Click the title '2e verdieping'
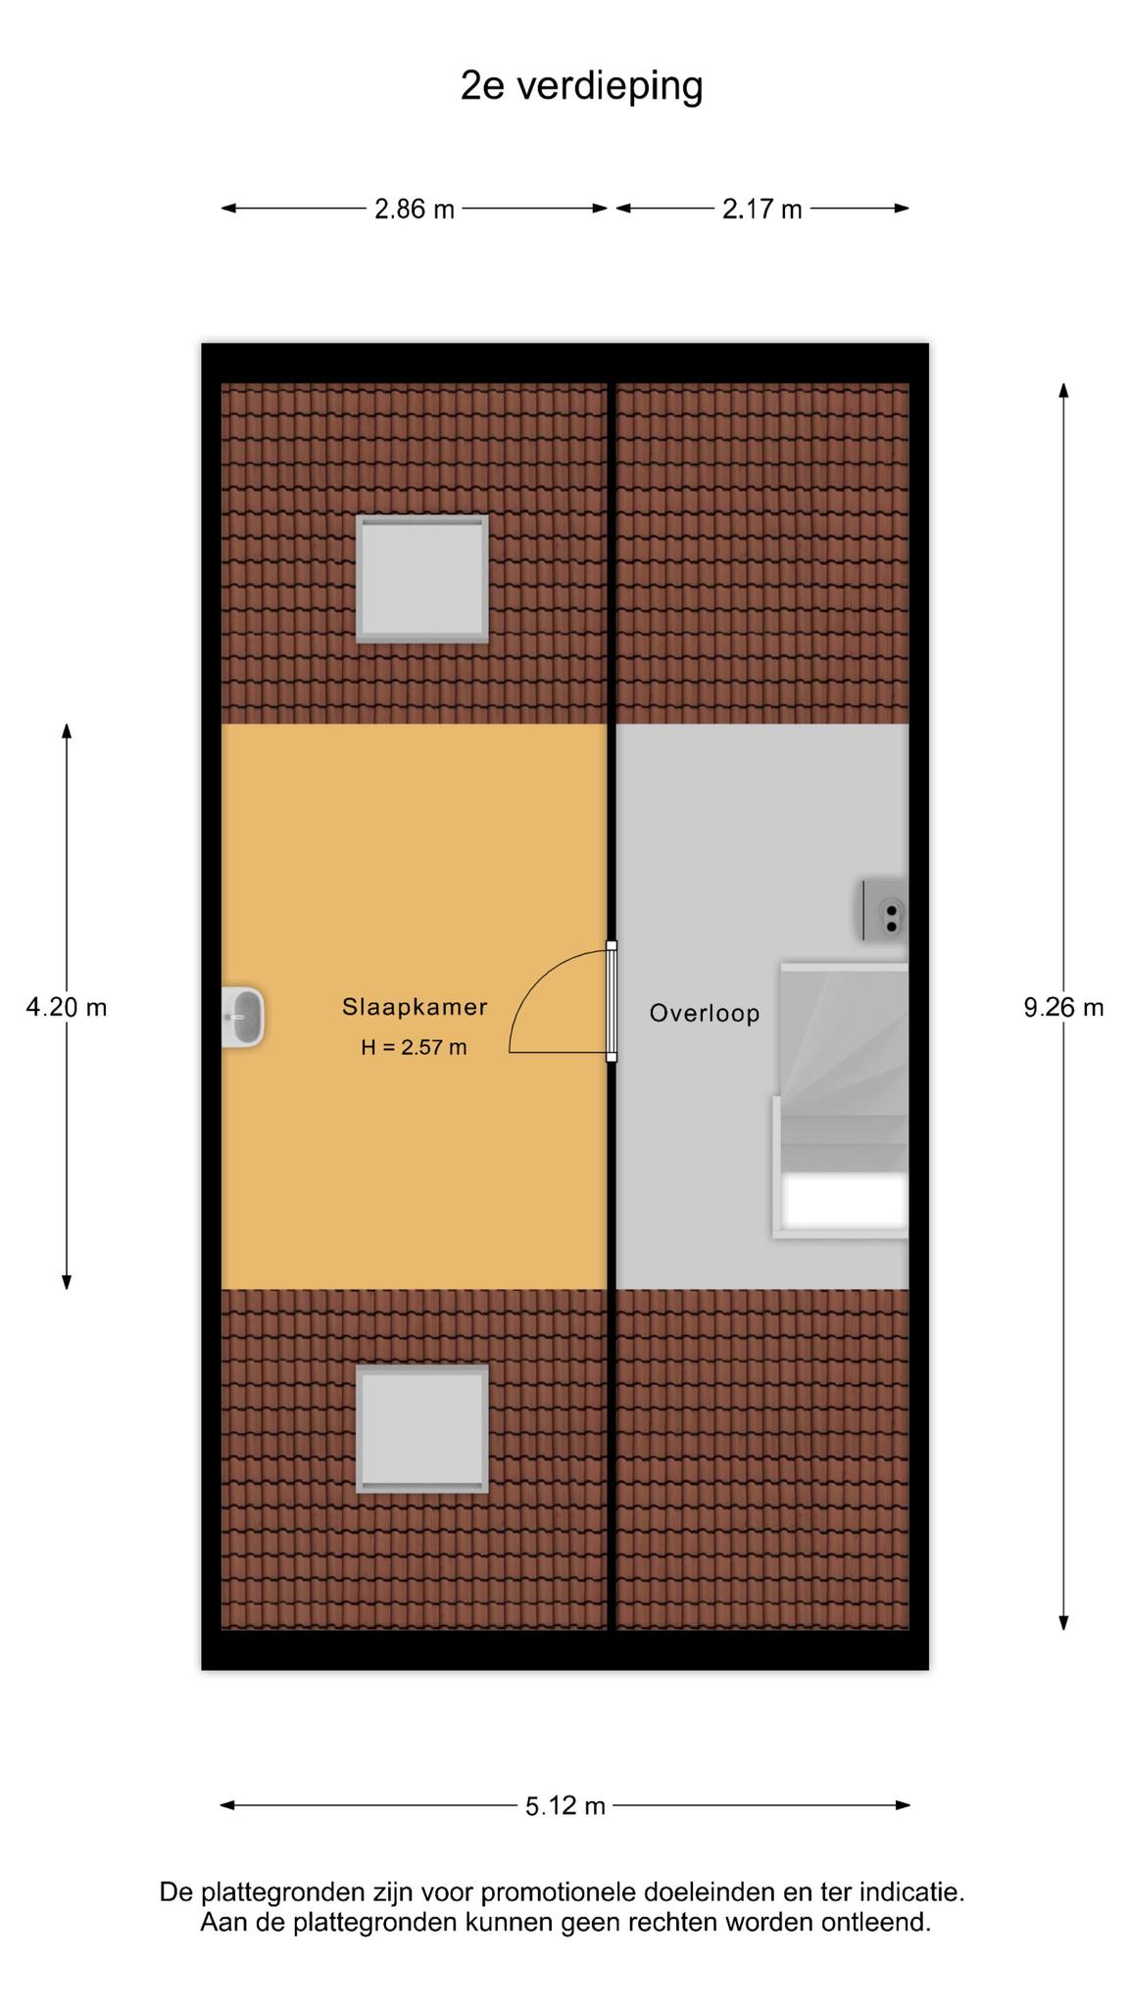[x=582, y=87]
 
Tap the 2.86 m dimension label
[x=415, y=209]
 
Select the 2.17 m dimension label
[x=762, y=209]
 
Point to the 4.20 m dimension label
[x=67, y=1007]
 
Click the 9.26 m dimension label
[x=1063, y=1007]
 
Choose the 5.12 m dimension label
[x=565, y=1805]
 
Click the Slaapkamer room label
[x=415, y=1006]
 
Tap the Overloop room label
[x=705, y=1013]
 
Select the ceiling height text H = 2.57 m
[x=414, y=1047]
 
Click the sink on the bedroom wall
[x=243, y=1018]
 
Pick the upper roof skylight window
[x=422, y=579]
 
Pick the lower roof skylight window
[x=422, y=1429]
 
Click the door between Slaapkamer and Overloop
[x=612, y=1001]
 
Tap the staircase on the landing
[x=841, y=1100]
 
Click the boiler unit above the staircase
[x=884, y=910]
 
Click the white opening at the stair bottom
[x=846, y=1202]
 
